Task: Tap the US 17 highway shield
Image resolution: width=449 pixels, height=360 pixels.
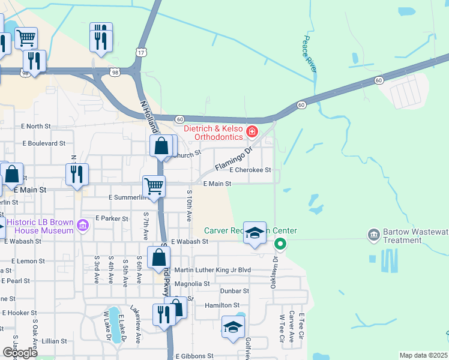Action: [x=141, y=53]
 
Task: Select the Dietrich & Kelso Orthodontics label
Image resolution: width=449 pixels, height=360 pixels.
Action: [x=213, y=133]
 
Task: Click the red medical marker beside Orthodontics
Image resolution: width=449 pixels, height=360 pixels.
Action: [x=252, y=130]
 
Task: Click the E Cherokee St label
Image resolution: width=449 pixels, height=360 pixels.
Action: [x=250, y=170]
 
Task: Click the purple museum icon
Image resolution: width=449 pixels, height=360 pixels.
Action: [x=83, y=226]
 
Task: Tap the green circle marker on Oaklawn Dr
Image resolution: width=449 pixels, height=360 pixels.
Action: [x=280, y=244]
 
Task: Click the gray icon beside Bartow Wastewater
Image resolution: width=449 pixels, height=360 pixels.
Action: [x=373, y=233]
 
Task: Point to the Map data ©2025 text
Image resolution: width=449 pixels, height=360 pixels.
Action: [x=423, y=355]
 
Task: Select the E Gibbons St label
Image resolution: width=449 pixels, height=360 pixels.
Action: [x=194, y=356]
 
